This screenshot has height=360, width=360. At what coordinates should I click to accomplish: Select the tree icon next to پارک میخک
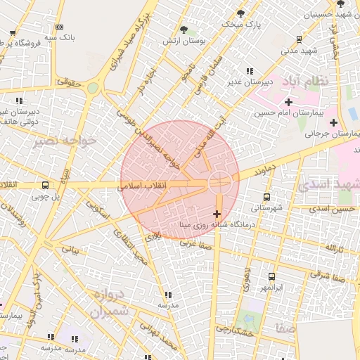[242, 13]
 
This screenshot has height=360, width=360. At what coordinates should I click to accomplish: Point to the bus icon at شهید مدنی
[300, 39]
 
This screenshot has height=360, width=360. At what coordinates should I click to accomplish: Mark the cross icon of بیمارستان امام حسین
[288, 103]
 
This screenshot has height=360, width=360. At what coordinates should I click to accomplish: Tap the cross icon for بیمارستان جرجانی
[333, 123]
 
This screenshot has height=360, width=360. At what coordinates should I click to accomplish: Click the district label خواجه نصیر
[63, 141]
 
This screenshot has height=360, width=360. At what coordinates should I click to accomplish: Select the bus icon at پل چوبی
[46, 186]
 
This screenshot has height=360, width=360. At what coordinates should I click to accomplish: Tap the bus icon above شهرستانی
[266, 198]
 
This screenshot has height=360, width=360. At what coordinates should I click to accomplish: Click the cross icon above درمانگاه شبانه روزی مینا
[216, 214]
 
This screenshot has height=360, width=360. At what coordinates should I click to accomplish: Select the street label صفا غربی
[195, 243]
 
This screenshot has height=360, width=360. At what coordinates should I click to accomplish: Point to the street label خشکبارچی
[234, 329]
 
